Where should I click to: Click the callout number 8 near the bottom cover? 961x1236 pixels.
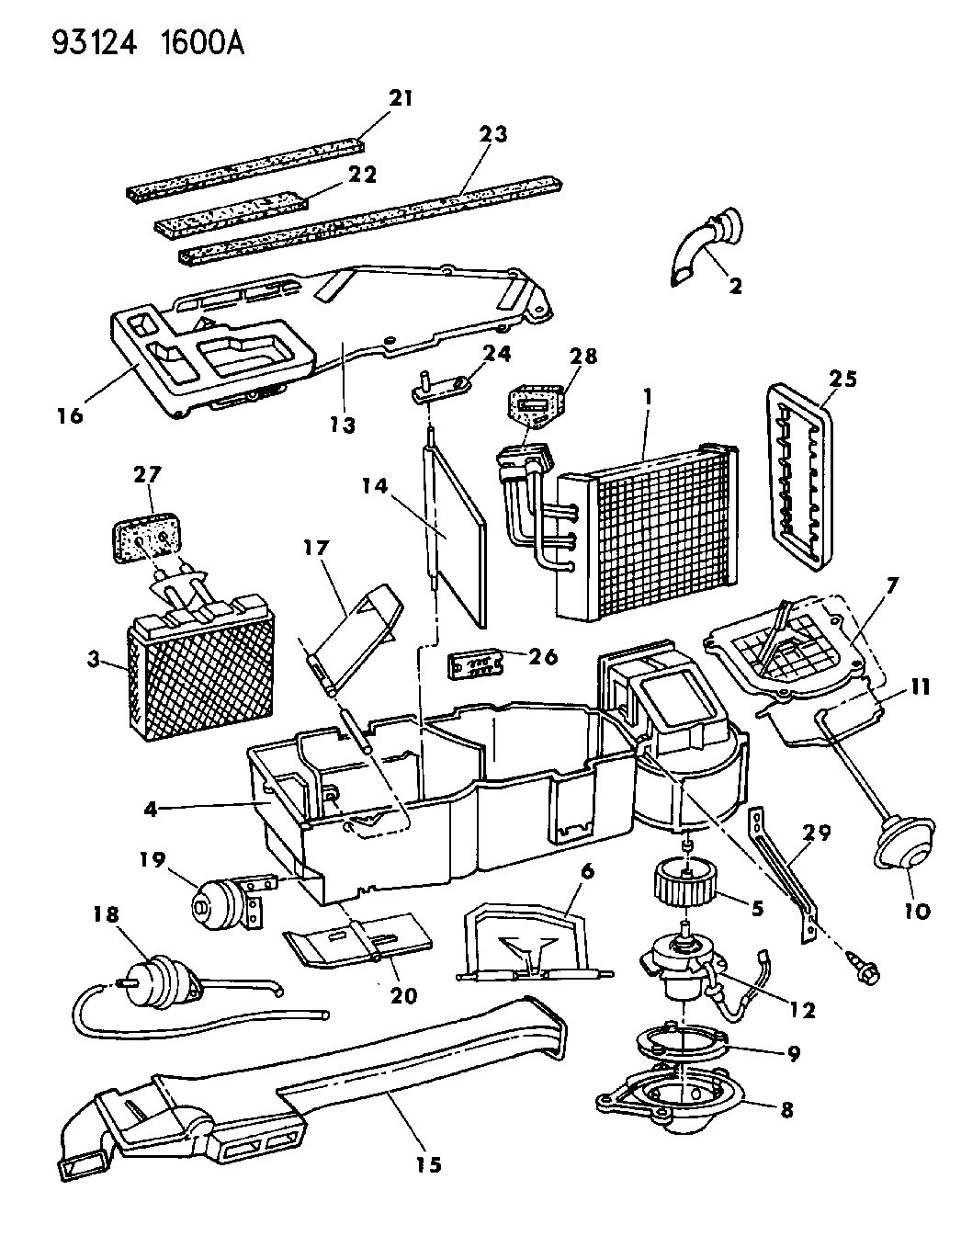pyautogui.click(x=784, y=1109)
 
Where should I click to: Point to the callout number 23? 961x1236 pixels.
pyautogui.click(x=492, y=134)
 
